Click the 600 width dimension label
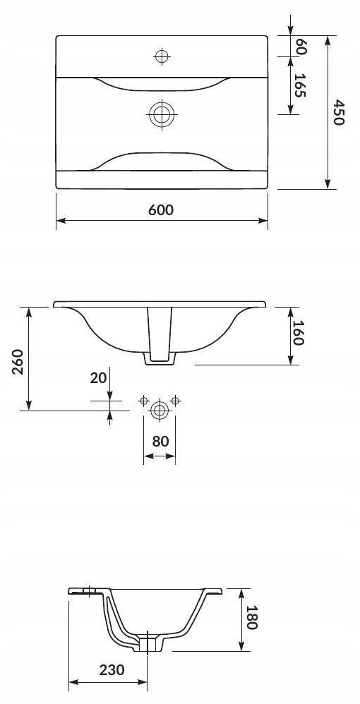pyautogui.click(x=160, y=210)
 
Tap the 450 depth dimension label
pyautogui.click(x=338, y=113)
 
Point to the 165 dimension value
pyautogui.click(x=300, y=85)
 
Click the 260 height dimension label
pyautogui.click(x=18, y=361)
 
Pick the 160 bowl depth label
pyautogui.click(x=298, y=333)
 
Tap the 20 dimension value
pyautogui.click(x=98, y=378)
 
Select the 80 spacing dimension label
pyautogui.click(x=160, y=442)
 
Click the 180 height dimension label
pyautogui.click(x=252, y=617)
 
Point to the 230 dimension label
pyautogui.click(x=112, y=670)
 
